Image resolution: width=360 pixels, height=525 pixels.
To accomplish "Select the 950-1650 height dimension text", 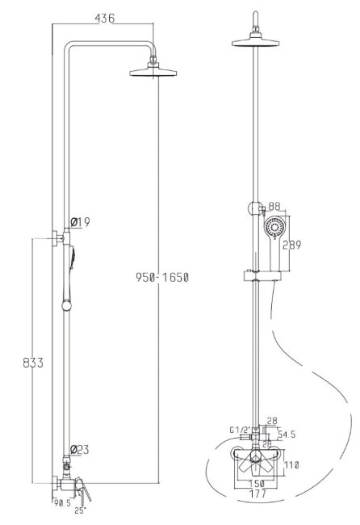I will [x=162, y=278].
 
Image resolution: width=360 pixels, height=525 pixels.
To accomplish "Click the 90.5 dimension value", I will [x=62, y=502].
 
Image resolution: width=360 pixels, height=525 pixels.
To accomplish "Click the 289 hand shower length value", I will [x=293, y=246].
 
